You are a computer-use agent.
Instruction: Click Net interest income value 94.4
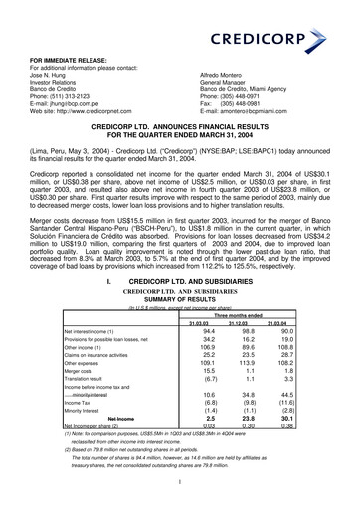[207, 360]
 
